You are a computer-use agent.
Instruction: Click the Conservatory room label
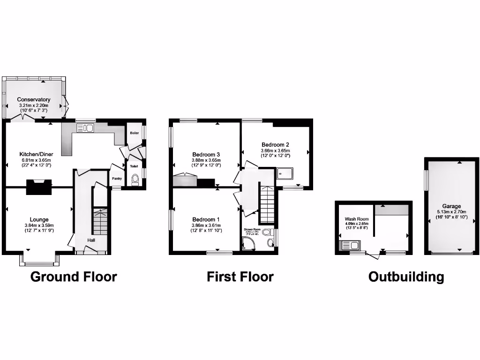coord(34,99)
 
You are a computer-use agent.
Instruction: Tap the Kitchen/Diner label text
coord(35,154)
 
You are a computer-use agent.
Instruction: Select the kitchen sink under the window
coord(85,127)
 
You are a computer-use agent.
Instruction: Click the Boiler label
coord(134,133)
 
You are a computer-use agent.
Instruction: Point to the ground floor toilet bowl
coord(135,179)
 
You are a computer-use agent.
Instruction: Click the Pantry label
coord(117,178)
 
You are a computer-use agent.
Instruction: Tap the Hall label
coord(91,240)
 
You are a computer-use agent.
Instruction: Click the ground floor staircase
coord(100,223)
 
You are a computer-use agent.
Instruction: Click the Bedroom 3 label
coord(206,154)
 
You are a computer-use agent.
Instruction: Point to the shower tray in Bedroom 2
coord(285,174)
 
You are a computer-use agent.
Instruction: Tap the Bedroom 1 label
coord(206,219)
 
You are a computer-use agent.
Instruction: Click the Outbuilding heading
coord(406,277)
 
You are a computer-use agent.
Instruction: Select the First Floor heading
coord(240,277)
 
